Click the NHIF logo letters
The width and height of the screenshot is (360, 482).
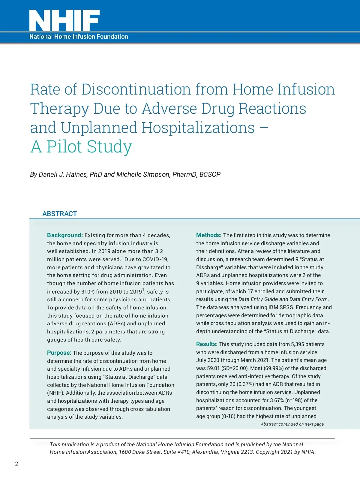coord(64,20)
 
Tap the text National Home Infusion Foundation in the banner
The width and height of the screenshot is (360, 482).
coord(79,37)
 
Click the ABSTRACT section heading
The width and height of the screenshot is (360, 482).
coord(60,214)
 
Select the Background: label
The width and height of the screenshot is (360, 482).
coord(65,235)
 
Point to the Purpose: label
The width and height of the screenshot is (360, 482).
coord(59,353)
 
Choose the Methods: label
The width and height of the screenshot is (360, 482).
coord(209,235)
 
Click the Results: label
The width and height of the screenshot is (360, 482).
coord(207,344)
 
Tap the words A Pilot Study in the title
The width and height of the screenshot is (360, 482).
coord(81,147)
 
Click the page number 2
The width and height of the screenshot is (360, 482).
coord(16,464)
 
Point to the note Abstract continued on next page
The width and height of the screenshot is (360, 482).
coord(292,424)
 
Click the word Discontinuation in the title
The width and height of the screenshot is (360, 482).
coord(136,89)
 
